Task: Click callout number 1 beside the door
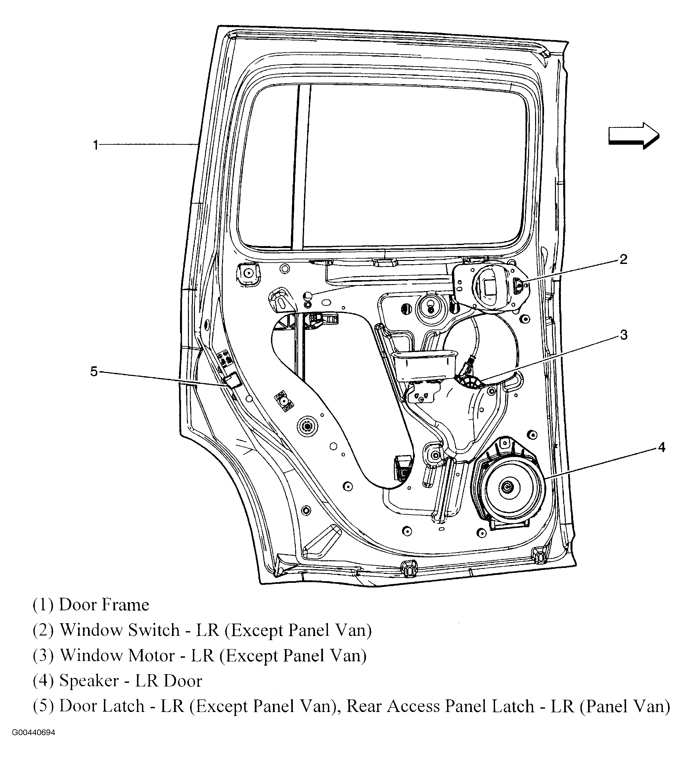click(96, 145)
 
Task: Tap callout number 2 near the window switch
click(623, 259)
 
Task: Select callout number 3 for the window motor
click(623, 334)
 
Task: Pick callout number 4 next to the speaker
click(661, 447)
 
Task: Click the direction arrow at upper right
click(633, 136)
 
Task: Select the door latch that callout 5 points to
click(232, 380)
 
